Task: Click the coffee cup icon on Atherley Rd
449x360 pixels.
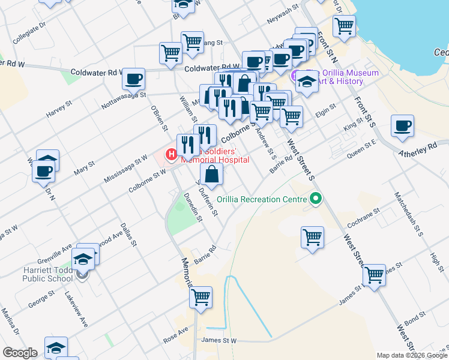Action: (402, 127)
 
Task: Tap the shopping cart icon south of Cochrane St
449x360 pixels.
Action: (313, 238)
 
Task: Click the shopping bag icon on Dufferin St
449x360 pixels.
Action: (212, 175)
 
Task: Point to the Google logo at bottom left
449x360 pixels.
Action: (20, 353)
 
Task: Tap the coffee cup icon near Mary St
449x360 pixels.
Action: (44, 170)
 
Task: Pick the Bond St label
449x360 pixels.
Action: (414, 316)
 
